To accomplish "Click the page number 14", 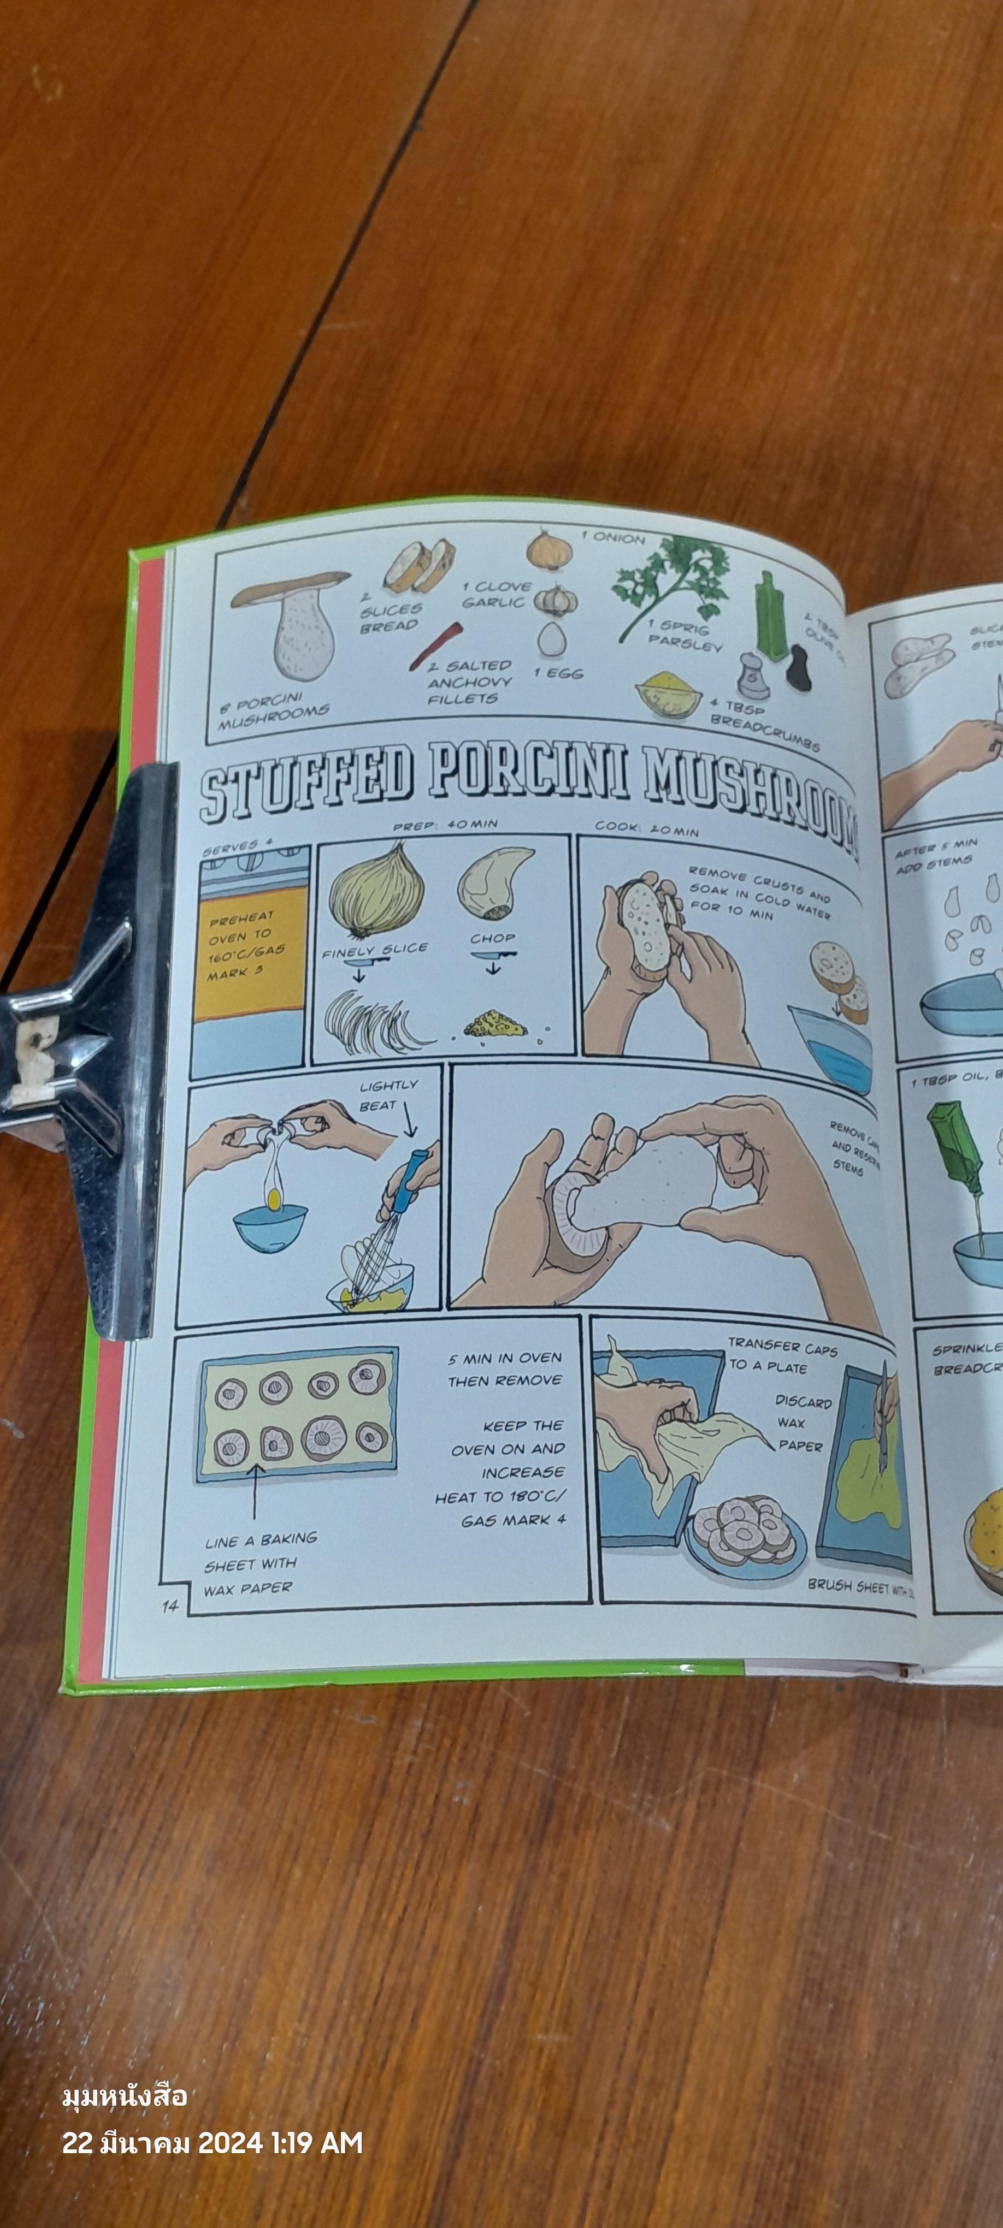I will click(169, 1606).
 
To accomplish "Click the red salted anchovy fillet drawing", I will click(437, 644).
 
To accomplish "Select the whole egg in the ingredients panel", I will click(551, 639).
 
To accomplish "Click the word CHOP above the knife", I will click(492, 938).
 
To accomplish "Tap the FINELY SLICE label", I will click(375, 950).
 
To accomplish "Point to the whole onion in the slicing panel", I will click(376, 891).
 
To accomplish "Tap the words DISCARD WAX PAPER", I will click(801, 1423).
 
